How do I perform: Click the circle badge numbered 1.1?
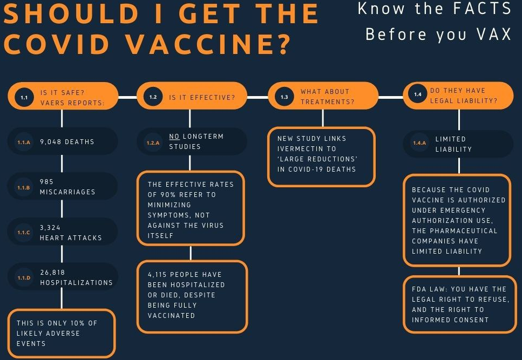(x=24, y=97)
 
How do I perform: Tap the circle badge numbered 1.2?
(x=153, y=97)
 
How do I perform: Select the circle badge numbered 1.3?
(x=284, y=97)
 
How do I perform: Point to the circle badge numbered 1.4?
(x=418, y=94)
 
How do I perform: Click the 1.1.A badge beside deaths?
(x=24, y=142)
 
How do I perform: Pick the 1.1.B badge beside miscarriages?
(x=24, y=187)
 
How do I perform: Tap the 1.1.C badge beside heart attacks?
(x=24, y=232)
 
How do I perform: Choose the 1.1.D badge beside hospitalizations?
(x=24, y=277)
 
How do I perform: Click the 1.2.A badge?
(x=153, y=142)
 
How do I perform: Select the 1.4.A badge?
(x=419, y=142)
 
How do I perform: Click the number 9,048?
(x=51, y=142)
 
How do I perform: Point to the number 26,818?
(x=52, y=273)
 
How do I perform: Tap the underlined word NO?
(x=174, y=137)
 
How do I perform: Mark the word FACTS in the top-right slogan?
(x=483, y=8)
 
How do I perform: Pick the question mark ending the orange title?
(x=284, y=44)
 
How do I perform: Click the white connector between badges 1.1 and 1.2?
(x=127, y=97)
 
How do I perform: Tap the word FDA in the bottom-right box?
(x=419, y=289)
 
